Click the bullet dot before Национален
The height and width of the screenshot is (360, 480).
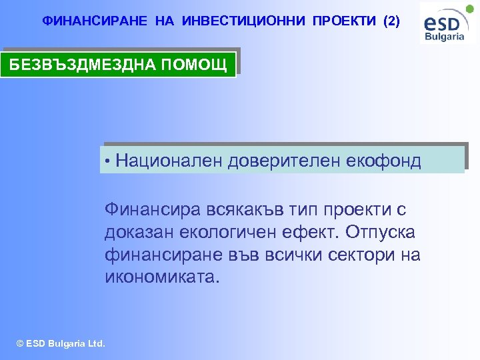(x=108, y=161)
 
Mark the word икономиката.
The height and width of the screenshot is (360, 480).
(x=161, y=277)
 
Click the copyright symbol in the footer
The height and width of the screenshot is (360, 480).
(x=20, y=344)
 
